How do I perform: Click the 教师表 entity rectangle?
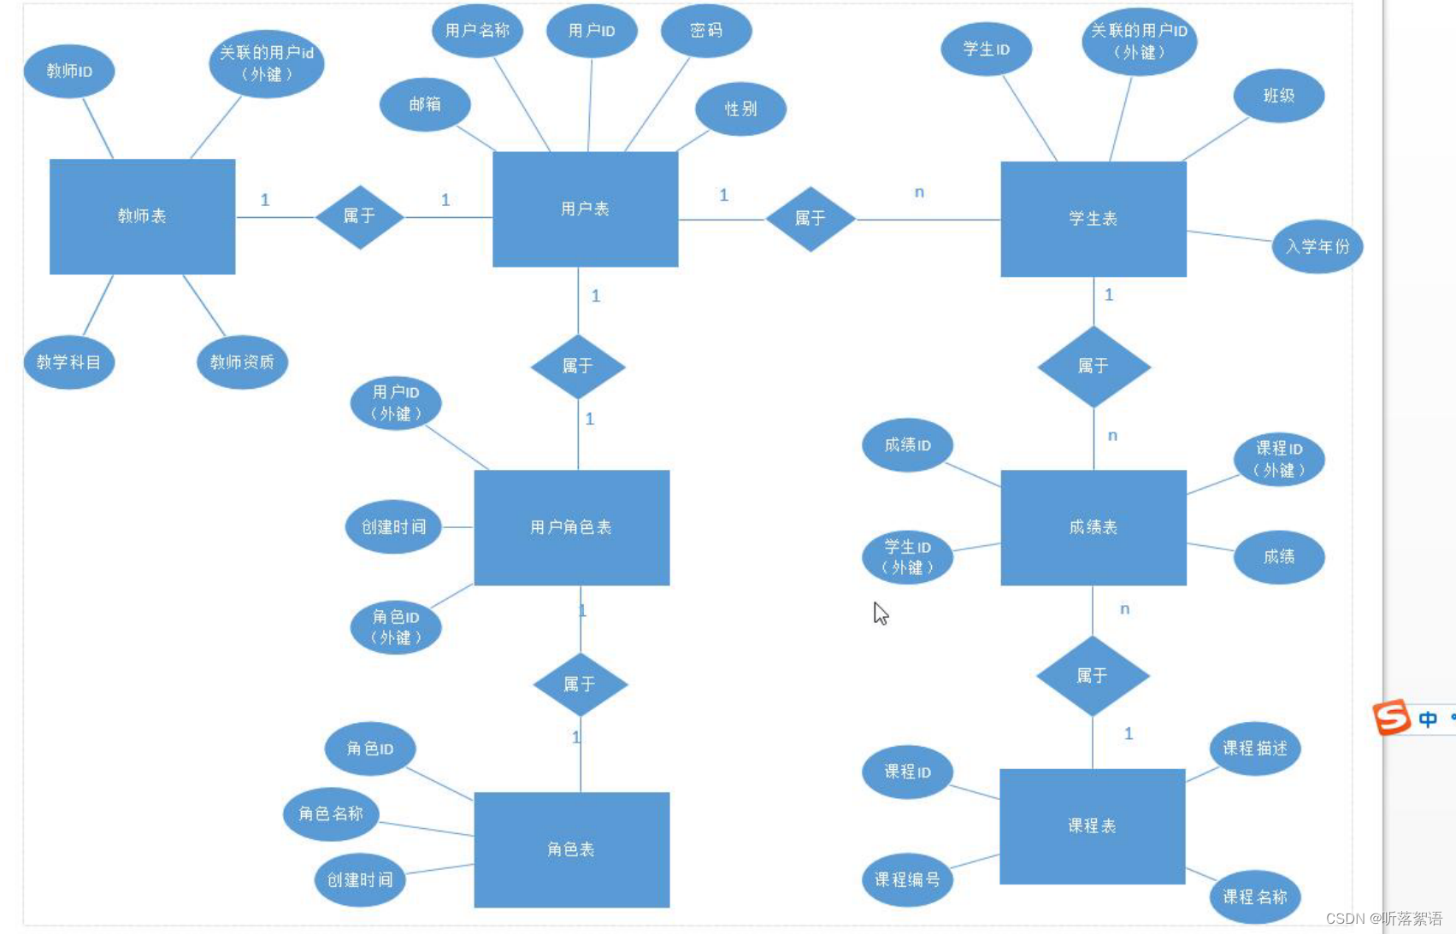click(142, 216)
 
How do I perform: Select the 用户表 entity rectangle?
click(585, 209)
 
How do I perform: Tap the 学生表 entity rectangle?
click(1093, 219)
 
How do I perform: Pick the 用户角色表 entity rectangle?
click(571, 527)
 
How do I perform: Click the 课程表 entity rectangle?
click(1092, 826)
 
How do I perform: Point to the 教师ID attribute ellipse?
click(69, 71)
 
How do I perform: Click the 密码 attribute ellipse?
click(706, 31)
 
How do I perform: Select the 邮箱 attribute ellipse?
click(425, 104)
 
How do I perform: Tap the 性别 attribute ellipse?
click(740, 109)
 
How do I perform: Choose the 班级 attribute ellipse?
click(1278, 96)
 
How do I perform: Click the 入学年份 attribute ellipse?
click(1317, 246)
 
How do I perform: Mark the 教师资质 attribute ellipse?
click(242, 362)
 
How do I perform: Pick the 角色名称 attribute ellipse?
click(331, 814)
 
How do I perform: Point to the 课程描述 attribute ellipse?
click(1254, 749)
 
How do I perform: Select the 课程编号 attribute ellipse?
click(907, 879)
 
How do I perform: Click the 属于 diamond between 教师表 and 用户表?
click(359, 216)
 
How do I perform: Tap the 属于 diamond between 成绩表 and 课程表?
click(1092, 676)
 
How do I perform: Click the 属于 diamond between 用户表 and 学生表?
click(810, 219)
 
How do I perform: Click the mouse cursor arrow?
click(880, 613)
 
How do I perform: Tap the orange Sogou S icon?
click(1391, 717)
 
